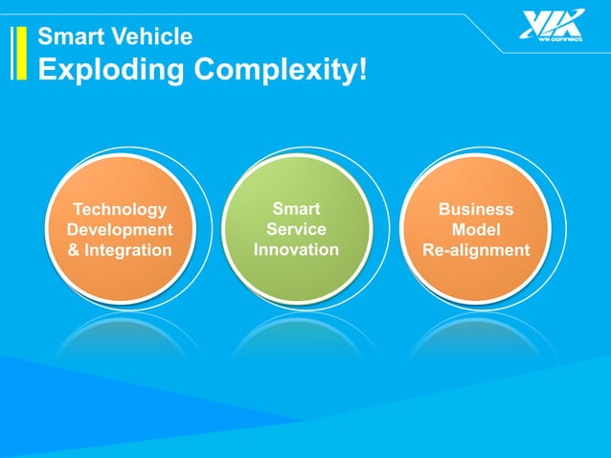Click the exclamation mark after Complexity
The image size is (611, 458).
pyautogui.click(x=361, y=69)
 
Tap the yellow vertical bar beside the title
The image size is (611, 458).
pyautogui.click(x=19, y=52)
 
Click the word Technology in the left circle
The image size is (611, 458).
pyautogui.click(x=120, y=210)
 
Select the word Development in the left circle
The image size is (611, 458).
pyautogui.click(x=120, y=230)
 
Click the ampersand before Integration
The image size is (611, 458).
pyautogui.click(x=74, y=250)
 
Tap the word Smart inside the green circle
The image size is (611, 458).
pyautogui.click(x=296, y=209)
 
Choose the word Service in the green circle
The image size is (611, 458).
pyautogui.click(x=296, y=229)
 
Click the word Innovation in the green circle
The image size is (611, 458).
pyautogui.click(x=296, y=249)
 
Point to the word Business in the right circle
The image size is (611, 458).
pyautogui.click(x=476, y=210)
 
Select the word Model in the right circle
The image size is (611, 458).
pyautogui.click(x=476, y=230)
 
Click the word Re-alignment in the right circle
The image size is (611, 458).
pyautogui.click(x=476, y=250)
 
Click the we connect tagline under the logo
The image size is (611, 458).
pyautogui.click(x=560, y=39)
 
